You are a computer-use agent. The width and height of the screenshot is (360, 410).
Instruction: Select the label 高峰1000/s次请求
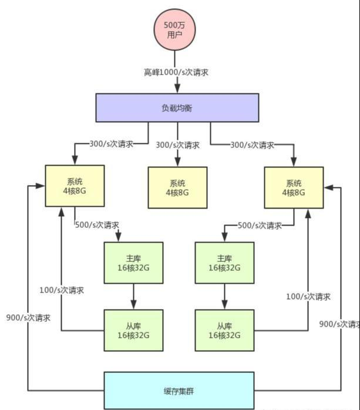click(x=177, y=73)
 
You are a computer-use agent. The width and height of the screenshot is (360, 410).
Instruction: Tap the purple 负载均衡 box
click(x=177, y=108)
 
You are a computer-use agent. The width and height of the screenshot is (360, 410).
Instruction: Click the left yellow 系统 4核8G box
click(x=75, y=186)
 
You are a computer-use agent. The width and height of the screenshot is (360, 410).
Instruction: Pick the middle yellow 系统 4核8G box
click(x=177, y=187)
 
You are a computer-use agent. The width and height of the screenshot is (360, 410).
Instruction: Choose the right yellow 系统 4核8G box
click(x=294, y=187)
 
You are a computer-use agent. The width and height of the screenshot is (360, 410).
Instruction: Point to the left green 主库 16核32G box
click(x=133, y=263)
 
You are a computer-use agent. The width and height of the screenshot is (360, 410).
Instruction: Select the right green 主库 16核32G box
click(x=224, y=263)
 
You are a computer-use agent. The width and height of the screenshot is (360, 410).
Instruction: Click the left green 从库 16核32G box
click(x=133, y=330)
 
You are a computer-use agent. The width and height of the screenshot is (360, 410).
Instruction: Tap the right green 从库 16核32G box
click(x=224, y=330)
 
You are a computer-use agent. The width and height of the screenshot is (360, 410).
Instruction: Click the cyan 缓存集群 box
click(x=179, y=391)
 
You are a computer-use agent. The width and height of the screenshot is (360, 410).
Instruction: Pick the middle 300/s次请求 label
click(x=177, y=144)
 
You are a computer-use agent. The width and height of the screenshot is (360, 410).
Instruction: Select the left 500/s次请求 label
click(x=97, y=224)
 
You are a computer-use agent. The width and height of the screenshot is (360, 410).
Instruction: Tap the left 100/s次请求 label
click(x=61, y=290)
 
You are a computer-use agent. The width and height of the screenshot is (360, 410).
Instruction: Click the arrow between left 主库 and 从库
click(x=133, y=297)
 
